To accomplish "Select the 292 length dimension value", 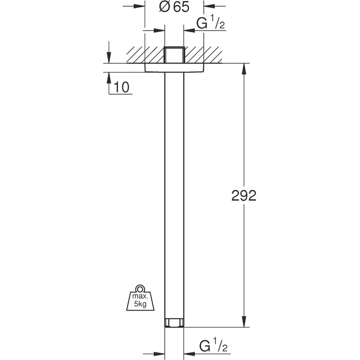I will tap(244, 196).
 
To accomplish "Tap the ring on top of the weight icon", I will tap(140, 289).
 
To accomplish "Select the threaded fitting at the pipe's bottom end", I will tap(174, 323).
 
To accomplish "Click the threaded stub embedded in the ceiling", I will tap(174, 55).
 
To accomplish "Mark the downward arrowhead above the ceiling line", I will tap(109, 59).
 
